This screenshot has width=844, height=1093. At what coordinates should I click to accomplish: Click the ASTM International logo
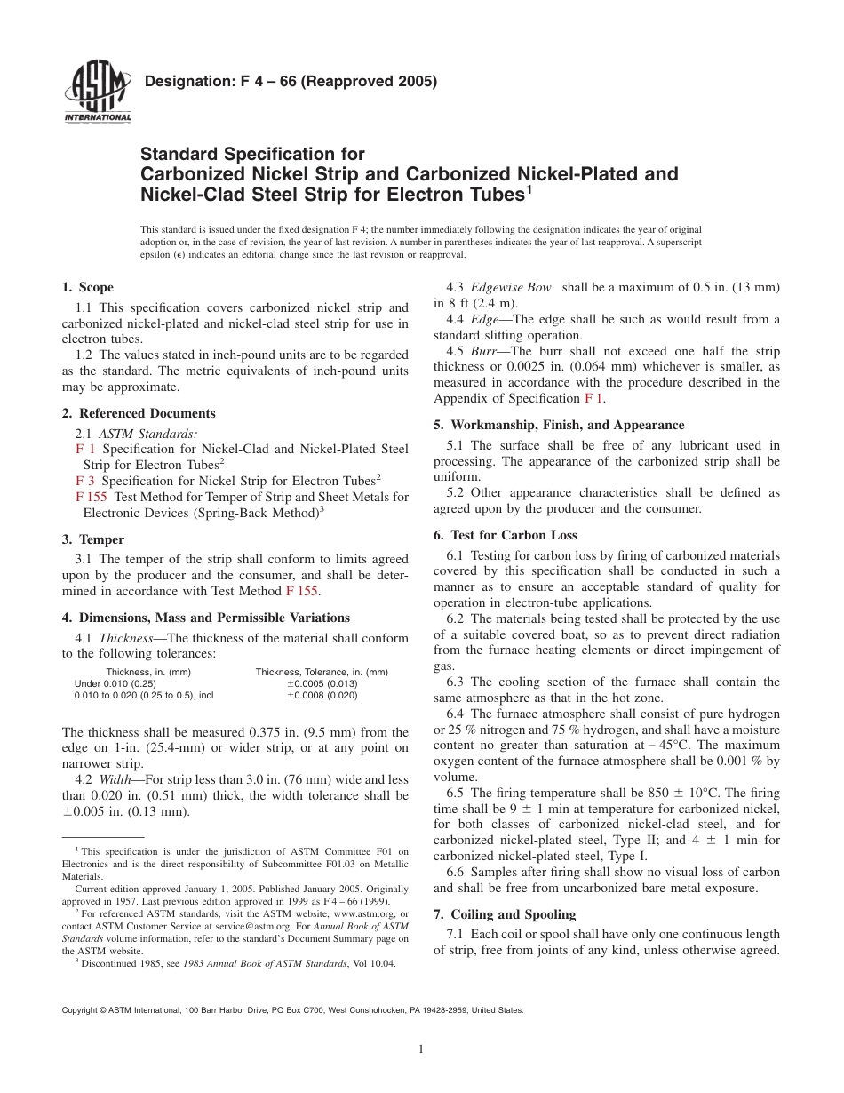tap(97, 93)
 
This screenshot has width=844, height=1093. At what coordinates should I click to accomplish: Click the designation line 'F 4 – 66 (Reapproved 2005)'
tap(291, 83)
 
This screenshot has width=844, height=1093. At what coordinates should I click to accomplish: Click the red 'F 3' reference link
tap(86, 481)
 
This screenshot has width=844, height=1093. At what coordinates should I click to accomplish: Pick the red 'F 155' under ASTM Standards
tap(92, 498)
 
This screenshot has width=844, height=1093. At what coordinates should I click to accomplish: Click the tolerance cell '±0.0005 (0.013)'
tap(322, 683)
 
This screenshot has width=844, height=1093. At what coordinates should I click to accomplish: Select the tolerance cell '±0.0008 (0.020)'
tap(322, 696)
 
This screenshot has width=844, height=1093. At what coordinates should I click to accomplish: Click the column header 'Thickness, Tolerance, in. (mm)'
tap(322, 672)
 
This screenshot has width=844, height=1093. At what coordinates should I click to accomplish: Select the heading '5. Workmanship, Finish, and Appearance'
tap(559, 425)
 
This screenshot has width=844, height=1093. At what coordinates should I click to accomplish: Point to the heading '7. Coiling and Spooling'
tap(505, 914)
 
